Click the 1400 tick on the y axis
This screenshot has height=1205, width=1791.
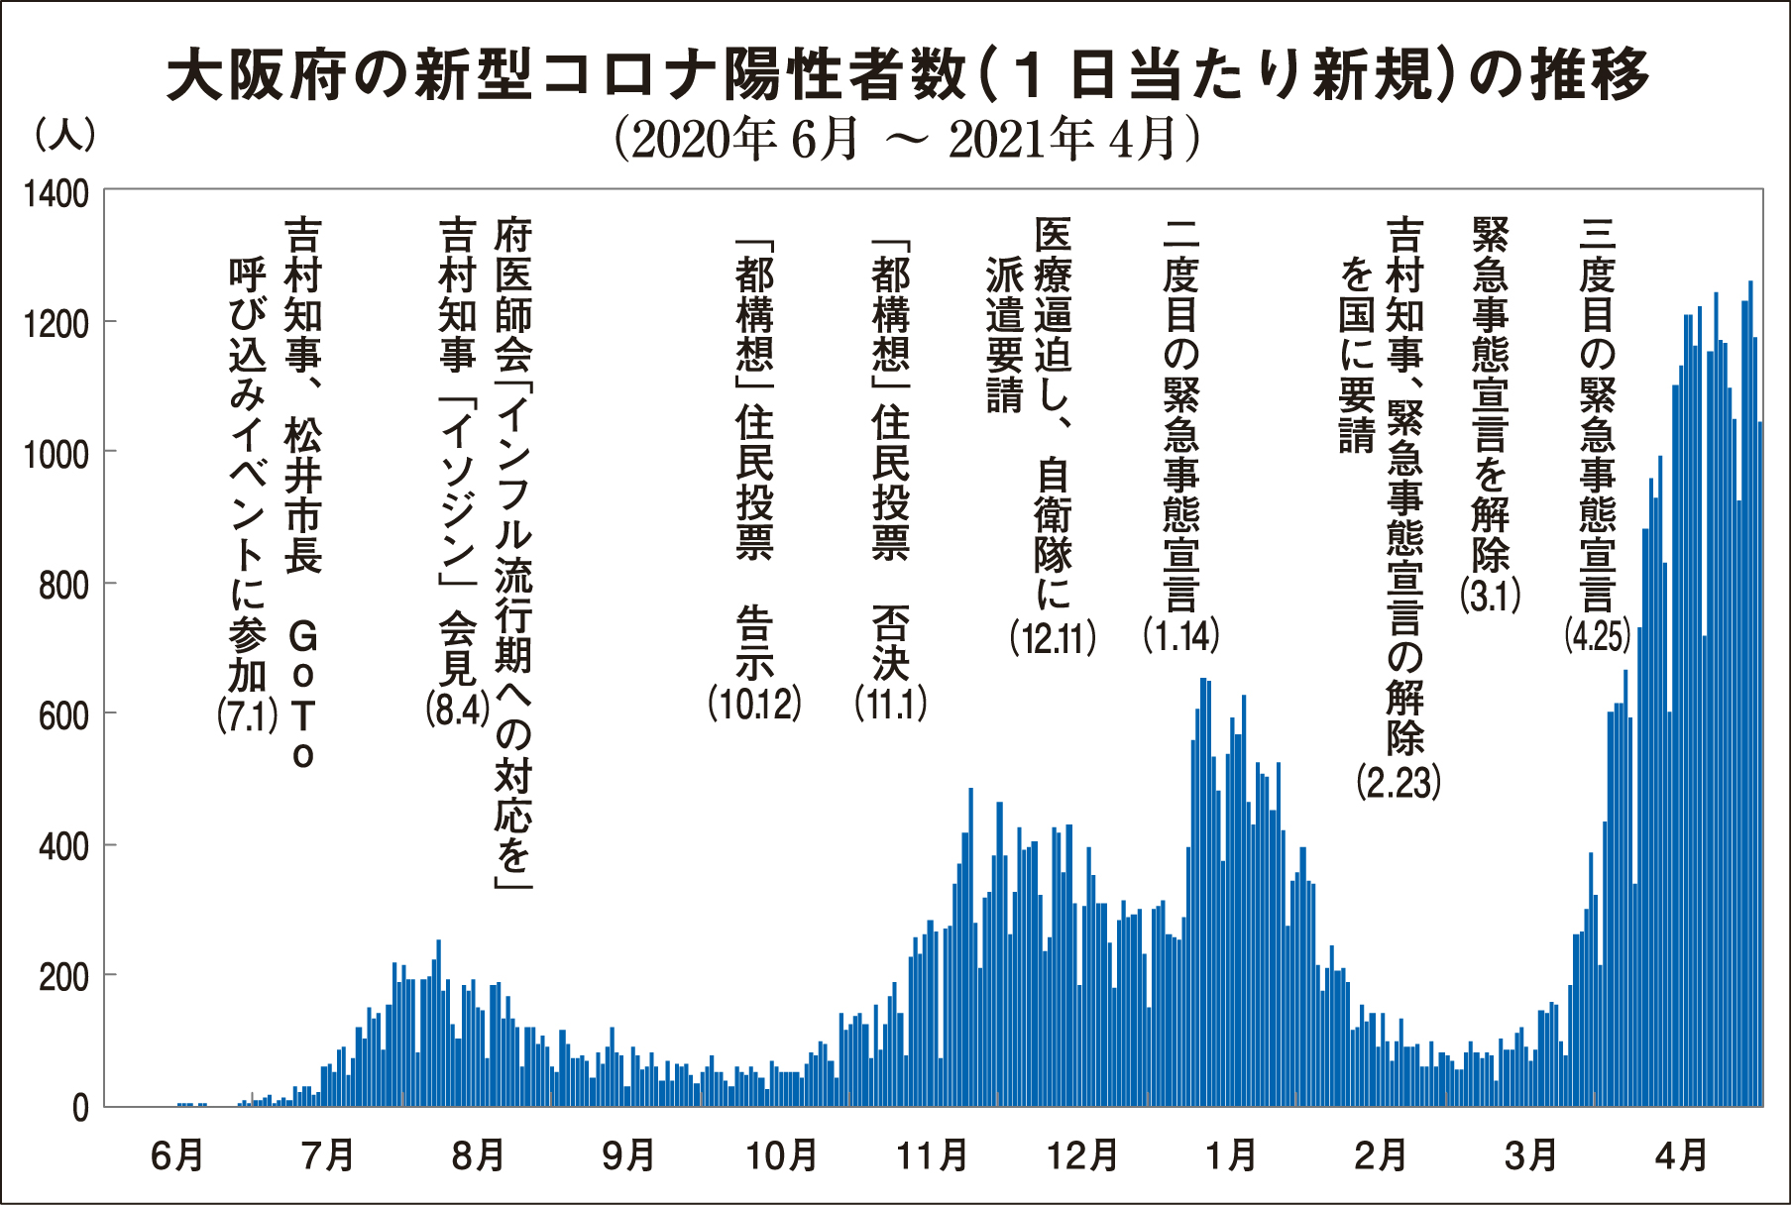click(x=56, y=194)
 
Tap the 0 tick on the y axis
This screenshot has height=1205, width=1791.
click(x=80, y=1108)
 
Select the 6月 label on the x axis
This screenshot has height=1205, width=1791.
click(x=177, y=1155)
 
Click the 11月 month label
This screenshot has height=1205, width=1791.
click(x=932, y=1155)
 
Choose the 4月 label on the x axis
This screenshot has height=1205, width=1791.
click(x=1682, y=1155)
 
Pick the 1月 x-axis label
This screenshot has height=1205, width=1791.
click(x=1232, y=1155)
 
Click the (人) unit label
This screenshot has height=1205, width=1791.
click(x=65, y=136)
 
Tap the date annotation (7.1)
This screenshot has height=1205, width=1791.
click(x=248, y=715)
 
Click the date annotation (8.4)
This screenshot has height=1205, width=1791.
click(x=457, y=710)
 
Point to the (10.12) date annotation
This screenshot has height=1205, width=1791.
click(x=754, y=704)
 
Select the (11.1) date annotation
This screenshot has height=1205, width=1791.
click(x=891, y=704)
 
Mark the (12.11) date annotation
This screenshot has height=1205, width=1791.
click(x=1053, y=639)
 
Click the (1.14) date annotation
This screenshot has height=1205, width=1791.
click(x=1181, y=635)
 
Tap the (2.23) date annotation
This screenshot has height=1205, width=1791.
click(x=1399, y=783)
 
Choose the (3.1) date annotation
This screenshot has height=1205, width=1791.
click(x=1491, y=596)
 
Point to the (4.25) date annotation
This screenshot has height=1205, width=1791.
click(x=1598, y=635)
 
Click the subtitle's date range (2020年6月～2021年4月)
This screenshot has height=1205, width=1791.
click(x=907, y=140)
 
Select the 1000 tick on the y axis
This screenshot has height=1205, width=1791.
click(x=56, y=455)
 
